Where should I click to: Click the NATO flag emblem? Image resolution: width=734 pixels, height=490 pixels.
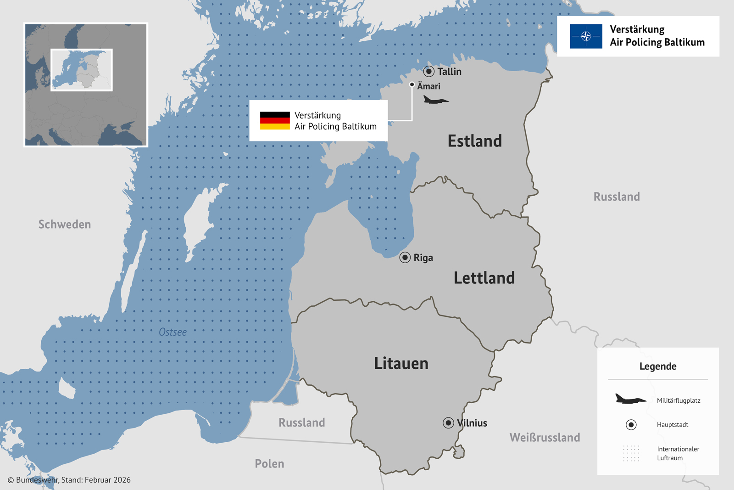click(586, 36)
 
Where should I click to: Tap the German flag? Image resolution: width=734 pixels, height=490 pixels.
click(275, 121)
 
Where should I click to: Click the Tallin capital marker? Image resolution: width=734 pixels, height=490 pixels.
click(429, 71)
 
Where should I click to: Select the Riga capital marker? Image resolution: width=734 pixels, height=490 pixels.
click(405, 258)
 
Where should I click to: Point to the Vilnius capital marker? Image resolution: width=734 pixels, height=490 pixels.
click(449, 423)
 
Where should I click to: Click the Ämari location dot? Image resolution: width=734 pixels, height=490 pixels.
click(412, 84)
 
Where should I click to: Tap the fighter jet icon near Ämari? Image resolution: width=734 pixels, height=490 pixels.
click(435, 100)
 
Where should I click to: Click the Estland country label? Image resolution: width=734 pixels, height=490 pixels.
click(475, 141)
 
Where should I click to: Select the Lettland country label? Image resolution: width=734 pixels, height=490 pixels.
click(484, 278)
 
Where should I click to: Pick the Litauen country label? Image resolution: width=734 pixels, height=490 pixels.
click(401, 363)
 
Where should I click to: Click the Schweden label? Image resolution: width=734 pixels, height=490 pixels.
click(65, 225)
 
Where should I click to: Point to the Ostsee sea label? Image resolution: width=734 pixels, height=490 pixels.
click(172, 332)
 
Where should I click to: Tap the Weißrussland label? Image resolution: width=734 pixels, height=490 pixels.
click(545, 438)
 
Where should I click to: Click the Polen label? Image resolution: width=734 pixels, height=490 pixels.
click(269, 464)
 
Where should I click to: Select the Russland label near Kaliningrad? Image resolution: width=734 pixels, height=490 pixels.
click(301, 422)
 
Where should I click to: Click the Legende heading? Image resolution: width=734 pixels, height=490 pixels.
click(658, 366)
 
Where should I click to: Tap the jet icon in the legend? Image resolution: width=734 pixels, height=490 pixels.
click(630, 399)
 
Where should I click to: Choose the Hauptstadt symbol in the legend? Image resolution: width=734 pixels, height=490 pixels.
click(631, 425)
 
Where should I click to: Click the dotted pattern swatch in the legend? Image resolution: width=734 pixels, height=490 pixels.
click(631, 453)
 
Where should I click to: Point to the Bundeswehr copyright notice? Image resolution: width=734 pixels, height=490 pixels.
click(69, 480)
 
